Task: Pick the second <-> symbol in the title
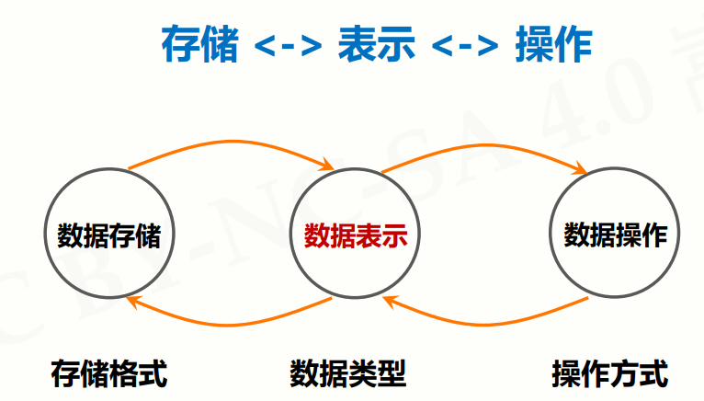465,46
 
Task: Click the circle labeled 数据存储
108,235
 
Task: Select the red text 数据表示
355,236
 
